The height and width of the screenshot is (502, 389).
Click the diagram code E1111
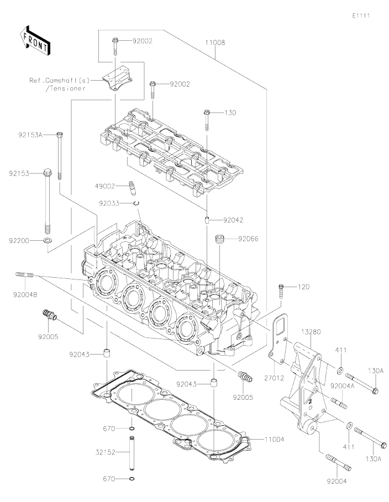tap(361, 15)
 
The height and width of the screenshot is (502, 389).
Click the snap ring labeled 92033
tap(136, 204)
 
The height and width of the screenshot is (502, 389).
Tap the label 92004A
tap(343, 386)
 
